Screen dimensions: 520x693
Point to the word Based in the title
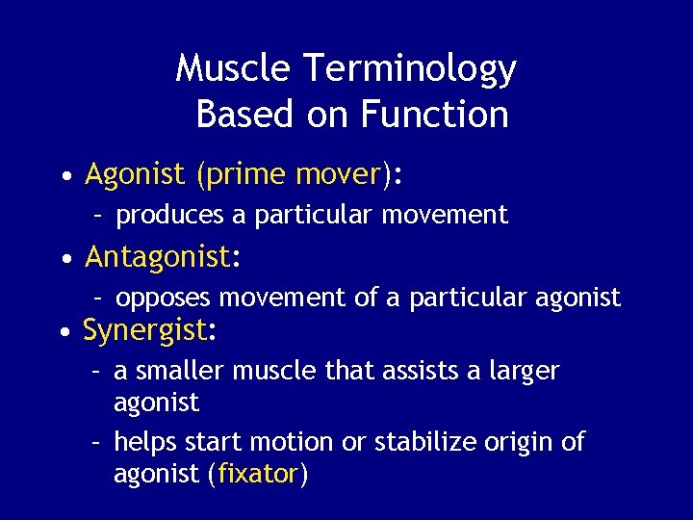(x=243, y=115)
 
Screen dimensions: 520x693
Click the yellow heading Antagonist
(x=158, y=257)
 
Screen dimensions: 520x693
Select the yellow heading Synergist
(x=145, y=331)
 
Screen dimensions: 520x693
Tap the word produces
(x=169, y=216)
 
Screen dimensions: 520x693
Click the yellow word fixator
(x=258, y=475)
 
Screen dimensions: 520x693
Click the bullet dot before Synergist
(x=63, y=333)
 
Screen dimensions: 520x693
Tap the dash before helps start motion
(x=97, y=443)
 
